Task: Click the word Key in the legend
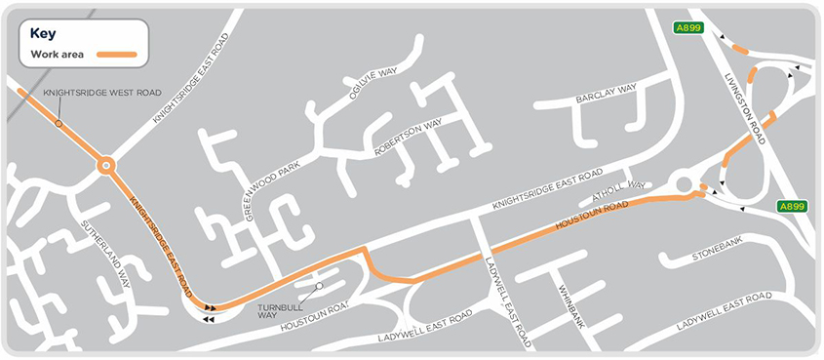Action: (x=44, y=32)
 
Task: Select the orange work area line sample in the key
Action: (x=119, y=53)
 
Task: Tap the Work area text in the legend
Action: (x=56, y=53)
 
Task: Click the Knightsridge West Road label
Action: (x=101, y=93)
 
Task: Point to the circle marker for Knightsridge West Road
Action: (x=59, y=124)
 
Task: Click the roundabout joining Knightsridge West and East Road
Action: (x=106, y=167)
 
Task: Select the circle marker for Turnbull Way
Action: (x=319, y=287)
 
